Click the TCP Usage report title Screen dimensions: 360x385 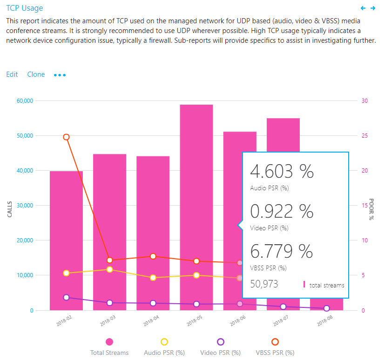click(25, 8)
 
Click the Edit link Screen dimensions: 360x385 click(12, 74)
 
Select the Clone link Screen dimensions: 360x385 click(36, 74)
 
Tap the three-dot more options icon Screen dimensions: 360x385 click(60, 75)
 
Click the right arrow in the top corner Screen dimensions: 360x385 click(373, 8)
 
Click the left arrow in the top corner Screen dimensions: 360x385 click(364, 8)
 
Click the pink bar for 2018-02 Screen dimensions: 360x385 click(66, 242)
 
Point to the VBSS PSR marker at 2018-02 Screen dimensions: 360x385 click(66, 137)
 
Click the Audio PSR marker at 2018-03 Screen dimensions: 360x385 click(109, 269)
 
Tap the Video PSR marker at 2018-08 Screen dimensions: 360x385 click(326, 308)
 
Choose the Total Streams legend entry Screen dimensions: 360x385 click(109, 347)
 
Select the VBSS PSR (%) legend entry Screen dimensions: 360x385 click(275, 347)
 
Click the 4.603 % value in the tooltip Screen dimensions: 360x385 click(282, 172)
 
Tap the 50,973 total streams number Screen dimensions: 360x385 click(264, 284)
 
